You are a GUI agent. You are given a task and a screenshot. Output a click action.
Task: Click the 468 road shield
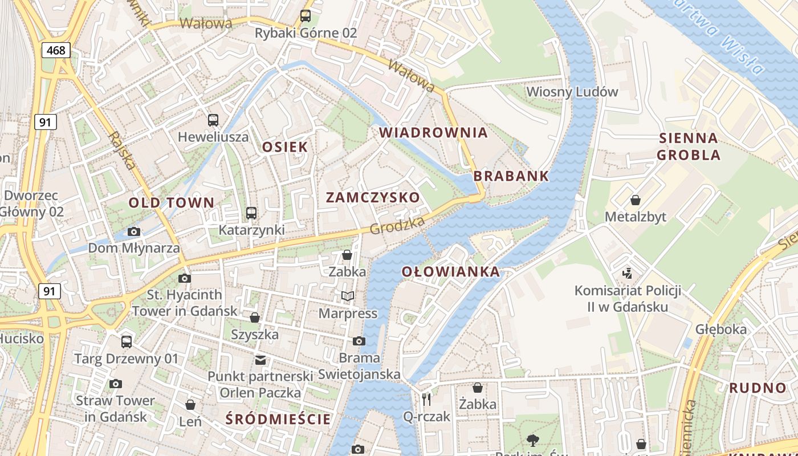tap(56, 50)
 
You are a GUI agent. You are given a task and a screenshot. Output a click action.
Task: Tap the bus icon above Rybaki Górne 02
tap(306, 16)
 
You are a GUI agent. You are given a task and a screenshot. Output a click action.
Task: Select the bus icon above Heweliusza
tap(213, 120)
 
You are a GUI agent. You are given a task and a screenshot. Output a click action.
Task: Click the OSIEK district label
tap(285, 147)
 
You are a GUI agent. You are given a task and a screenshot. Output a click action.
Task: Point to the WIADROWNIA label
tap(433, 133)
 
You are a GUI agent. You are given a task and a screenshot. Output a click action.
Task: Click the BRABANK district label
tap(511, 176)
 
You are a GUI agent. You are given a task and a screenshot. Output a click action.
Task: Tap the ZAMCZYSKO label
tap(373, 198)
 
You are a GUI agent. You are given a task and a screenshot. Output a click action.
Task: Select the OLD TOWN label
tap(171, 202)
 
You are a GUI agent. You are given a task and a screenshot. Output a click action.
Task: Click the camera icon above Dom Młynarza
tap(134, 231)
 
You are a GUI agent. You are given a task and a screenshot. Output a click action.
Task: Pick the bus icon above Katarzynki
tap(251, 213)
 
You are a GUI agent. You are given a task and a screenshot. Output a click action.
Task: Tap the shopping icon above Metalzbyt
tap(635, 200)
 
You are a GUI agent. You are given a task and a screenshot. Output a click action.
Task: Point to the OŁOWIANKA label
tap(451, 272)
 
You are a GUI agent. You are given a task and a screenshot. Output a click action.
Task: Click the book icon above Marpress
tap(348, 296)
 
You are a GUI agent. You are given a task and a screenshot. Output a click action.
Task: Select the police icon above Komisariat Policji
tap(628, 273)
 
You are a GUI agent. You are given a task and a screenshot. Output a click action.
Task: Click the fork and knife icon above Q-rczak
tap(426, 400)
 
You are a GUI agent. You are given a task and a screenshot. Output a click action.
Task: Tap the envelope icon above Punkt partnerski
tap(260, 360)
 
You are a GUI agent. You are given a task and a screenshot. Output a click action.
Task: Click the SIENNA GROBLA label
tap(688, 146)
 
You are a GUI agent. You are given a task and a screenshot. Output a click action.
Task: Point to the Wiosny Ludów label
tap(572, 92)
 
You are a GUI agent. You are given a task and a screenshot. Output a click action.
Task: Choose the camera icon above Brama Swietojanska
tap(359, 341)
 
